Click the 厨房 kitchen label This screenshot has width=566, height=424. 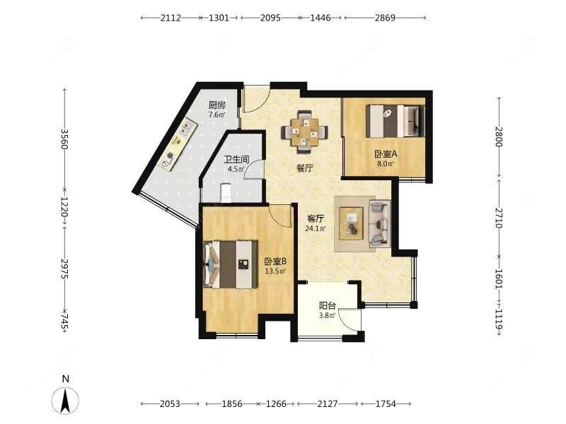click(217, 105)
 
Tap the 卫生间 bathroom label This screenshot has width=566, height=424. click(236, 160)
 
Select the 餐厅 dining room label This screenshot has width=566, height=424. click(305, 168)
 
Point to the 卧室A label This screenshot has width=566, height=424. click(386, 154)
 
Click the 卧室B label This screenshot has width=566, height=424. click(275, 261)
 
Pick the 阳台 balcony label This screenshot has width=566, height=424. click(328, 306)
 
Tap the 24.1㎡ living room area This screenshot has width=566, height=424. click(316, 228)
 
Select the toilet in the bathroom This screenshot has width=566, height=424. click(226, 193)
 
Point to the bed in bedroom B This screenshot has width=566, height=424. click(231, 264)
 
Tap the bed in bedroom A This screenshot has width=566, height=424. click(395, 121)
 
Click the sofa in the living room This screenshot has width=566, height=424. click(379, 224)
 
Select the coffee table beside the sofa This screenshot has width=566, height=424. click(352, 223)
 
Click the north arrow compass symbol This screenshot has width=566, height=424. click(65, 400)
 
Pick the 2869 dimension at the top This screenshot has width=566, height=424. click(385, 17)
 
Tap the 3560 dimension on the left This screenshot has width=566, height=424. click(64, 139)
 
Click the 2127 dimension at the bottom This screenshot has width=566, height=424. click(328, 404)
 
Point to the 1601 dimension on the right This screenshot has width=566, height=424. click(499, 278)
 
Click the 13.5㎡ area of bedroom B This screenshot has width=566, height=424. click(275, 271)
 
